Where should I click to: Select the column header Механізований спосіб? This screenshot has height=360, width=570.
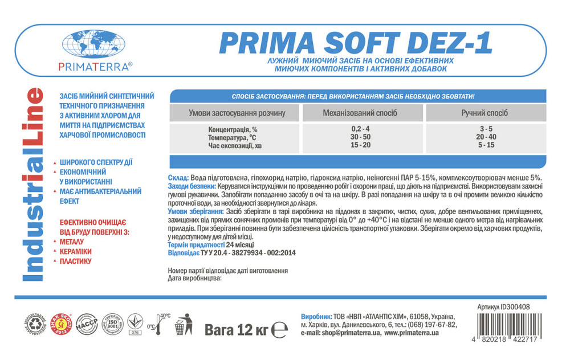point(360,113)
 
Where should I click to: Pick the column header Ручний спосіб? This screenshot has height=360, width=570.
point(484,113)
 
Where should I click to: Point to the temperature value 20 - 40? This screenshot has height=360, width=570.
point(486,137)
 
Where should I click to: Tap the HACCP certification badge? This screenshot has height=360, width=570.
point(87,325)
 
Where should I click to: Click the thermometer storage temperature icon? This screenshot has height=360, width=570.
point(159,325)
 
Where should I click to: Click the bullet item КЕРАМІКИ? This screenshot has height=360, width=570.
point(75,251)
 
